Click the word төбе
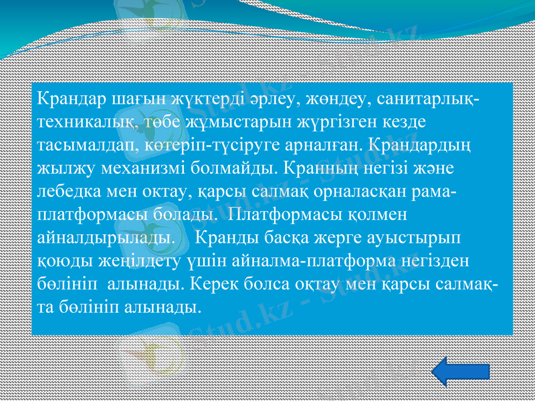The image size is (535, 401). click(153, 123)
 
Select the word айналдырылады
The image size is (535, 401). click(103, 238)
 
